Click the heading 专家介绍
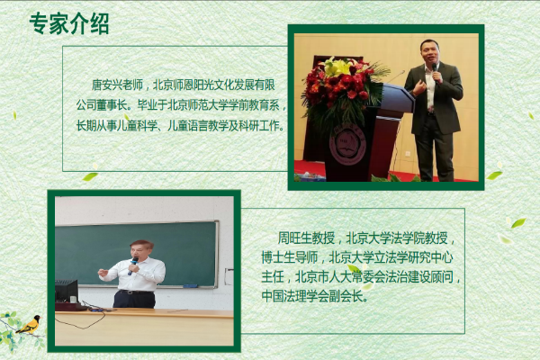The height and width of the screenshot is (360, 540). (x=69, y=23)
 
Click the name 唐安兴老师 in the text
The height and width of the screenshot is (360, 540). (x=117, y=85)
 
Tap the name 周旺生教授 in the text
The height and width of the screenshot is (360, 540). (x=306, y=238)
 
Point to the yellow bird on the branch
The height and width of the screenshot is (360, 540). (x=30, y=324)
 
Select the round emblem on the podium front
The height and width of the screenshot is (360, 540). (x=347, y=146)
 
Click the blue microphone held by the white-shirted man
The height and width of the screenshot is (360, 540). (x=133, y=266)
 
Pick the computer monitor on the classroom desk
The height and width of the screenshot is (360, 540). (x=66, y=291)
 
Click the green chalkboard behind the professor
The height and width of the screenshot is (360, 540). (x=137, y=254)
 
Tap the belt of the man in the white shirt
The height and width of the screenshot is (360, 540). (x=136, y=292)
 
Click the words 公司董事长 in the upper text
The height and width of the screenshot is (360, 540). (x=102, y=105)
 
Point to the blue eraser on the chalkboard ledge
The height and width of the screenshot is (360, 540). (x=190, y=286)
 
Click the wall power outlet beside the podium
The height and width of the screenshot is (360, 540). (x=408, y=153)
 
